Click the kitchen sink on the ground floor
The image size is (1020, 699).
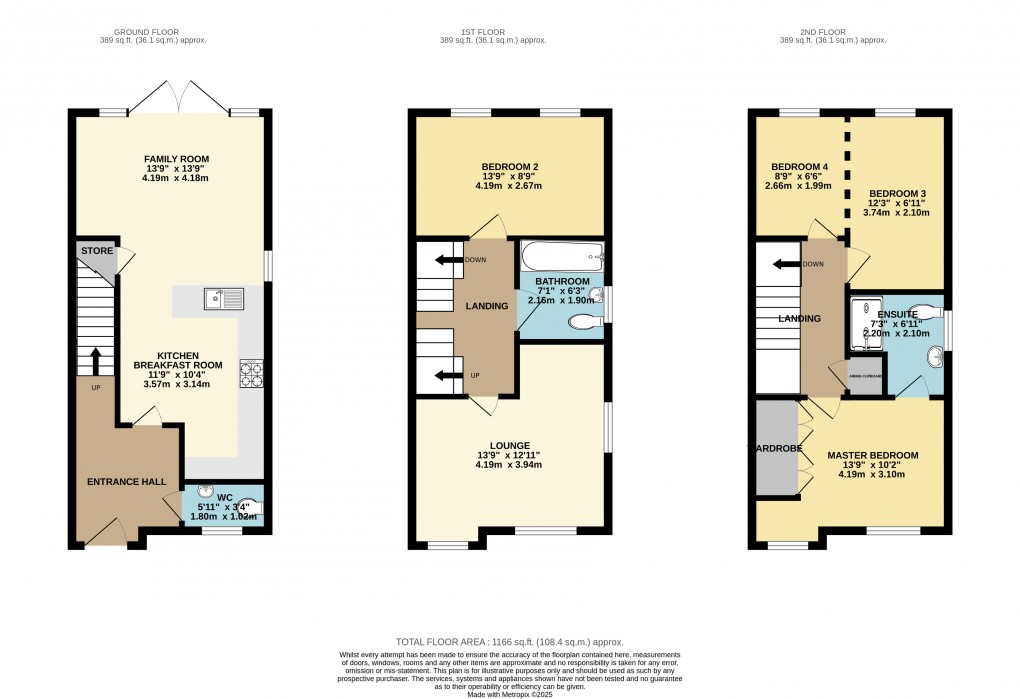point(221,297)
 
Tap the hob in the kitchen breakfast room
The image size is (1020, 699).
point(249,373)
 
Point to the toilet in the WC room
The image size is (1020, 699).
point(250,508)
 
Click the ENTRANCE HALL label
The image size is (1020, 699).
point(127,482)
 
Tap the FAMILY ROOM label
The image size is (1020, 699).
point(176,159)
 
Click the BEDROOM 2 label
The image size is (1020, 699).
point(510,166)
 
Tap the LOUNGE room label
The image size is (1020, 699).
point(510,445)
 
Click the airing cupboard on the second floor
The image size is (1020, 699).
point(865,376)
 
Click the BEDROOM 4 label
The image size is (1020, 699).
point(800,166)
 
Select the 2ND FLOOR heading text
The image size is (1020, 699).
point(833,29)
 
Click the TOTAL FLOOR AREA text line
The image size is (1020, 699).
point(510,643)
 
